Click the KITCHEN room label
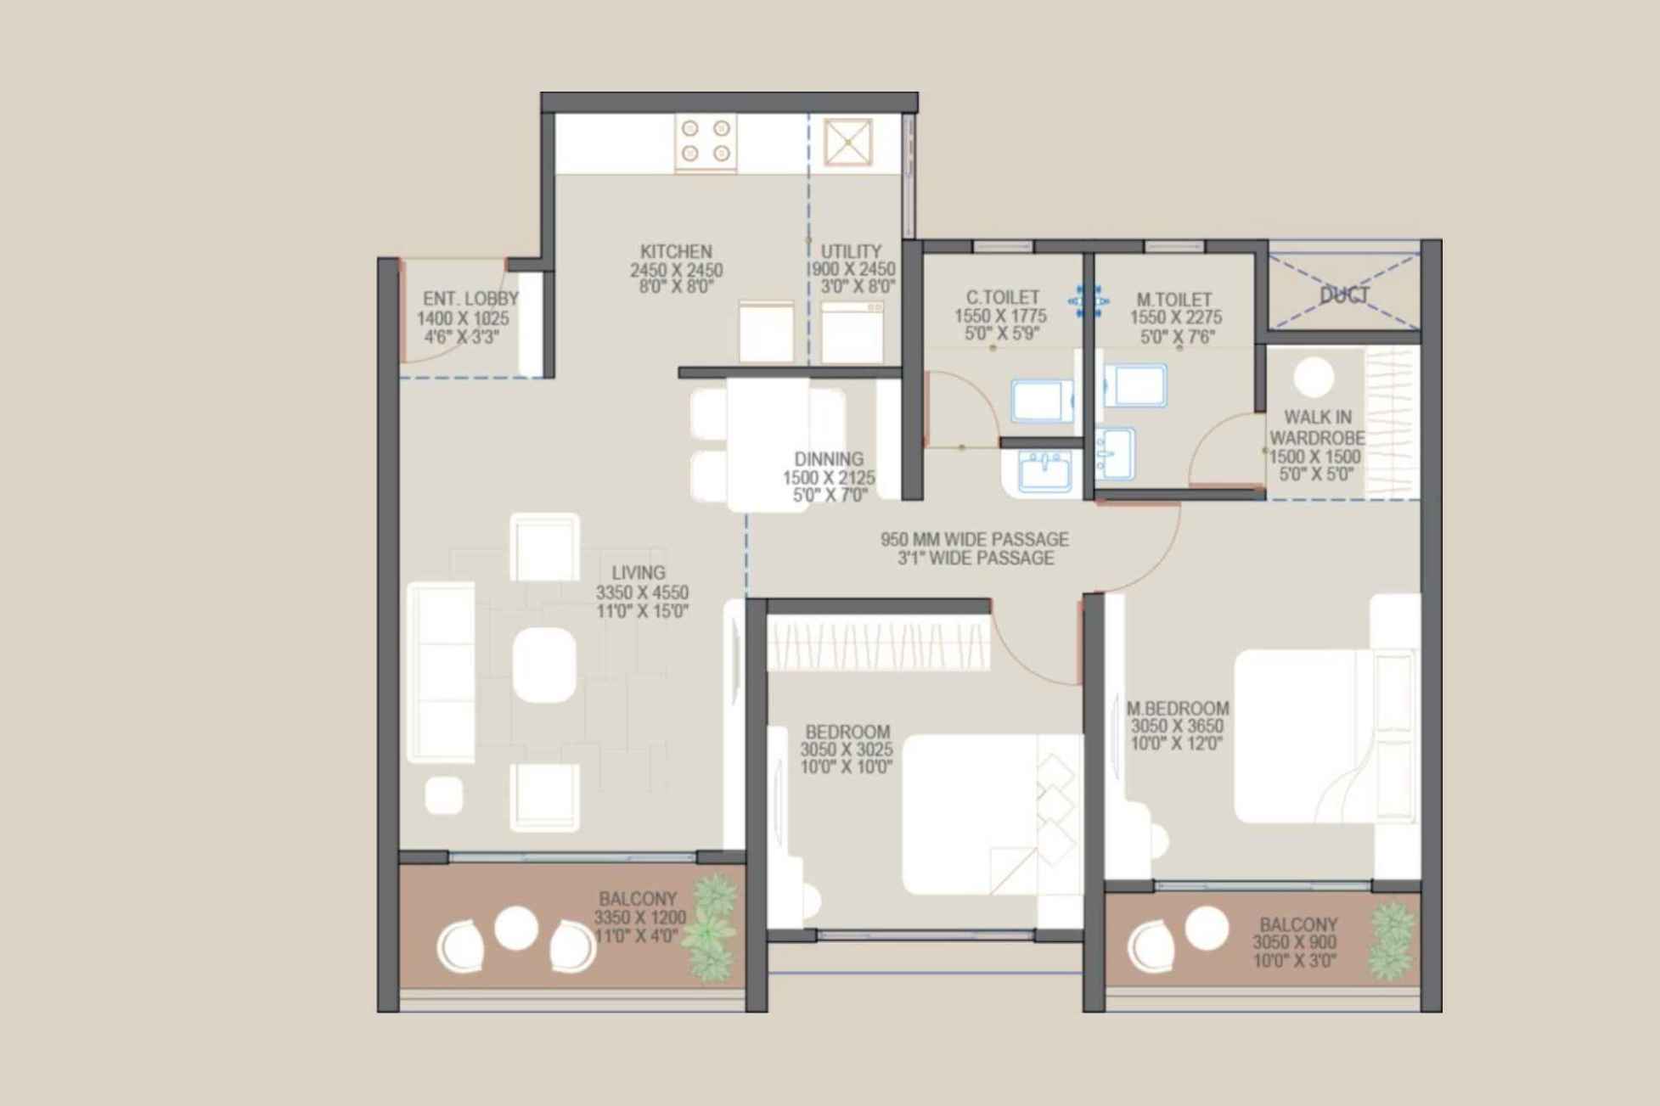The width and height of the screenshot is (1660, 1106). pos(676,252)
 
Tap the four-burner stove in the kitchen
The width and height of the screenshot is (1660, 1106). pos(706,141)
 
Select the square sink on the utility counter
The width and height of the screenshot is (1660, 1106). pos(847,142)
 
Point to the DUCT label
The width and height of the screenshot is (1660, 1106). pos(1344,295)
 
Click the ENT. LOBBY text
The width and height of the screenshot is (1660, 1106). pos(470,299)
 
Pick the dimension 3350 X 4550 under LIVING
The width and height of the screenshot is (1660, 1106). pos(642,592)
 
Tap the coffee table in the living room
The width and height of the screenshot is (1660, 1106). pos(544,665)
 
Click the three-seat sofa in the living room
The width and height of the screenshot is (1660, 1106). pos(441,671)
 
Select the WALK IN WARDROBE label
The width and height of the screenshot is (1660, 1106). pos(1317,428)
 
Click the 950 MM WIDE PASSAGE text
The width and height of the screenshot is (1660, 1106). pos(974,539)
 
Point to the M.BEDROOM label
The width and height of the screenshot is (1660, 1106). pos(1177,708)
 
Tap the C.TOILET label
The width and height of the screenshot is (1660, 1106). pos(1002,298)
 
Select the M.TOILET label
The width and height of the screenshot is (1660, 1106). pos(1174,300)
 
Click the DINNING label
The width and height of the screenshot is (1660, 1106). pos(829,459)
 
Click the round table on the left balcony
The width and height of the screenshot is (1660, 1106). pos(515,928)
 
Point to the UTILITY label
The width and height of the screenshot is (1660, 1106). pos(851,252)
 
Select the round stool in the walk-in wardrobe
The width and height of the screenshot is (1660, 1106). pos(1314,377)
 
